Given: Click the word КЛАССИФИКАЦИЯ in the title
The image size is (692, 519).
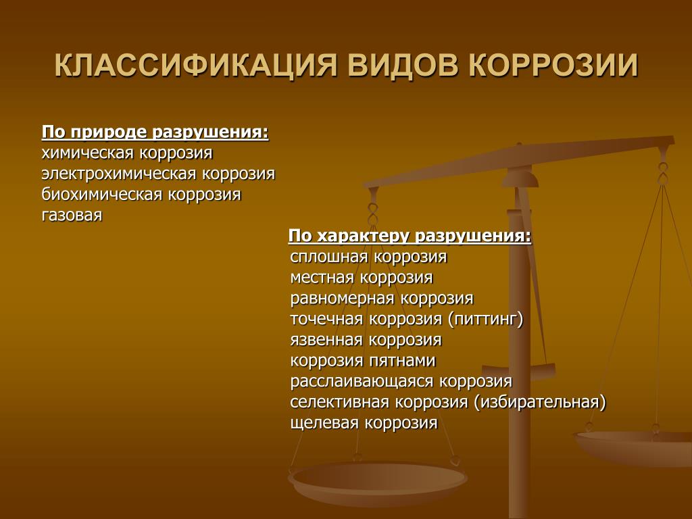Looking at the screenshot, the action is [196, 66].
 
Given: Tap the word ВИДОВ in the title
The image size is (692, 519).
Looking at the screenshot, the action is [403, 66].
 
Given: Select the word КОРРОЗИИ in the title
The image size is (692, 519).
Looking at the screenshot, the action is [553, 66].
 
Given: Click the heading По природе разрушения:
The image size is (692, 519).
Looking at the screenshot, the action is [155, 132].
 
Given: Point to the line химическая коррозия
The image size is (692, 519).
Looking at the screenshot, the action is [127, 153].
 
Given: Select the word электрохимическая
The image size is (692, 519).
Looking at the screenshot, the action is [119, 174].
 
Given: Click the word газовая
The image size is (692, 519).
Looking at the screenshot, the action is [72, 216].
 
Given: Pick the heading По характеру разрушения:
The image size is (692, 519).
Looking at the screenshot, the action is [410, 236].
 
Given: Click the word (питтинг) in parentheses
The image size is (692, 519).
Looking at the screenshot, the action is [485, 319].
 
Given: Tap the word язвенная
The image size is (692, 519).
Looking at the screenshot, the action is [326, 340].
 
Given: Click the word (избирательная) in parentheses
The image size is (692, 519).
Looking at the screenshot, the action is [540, 402].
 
